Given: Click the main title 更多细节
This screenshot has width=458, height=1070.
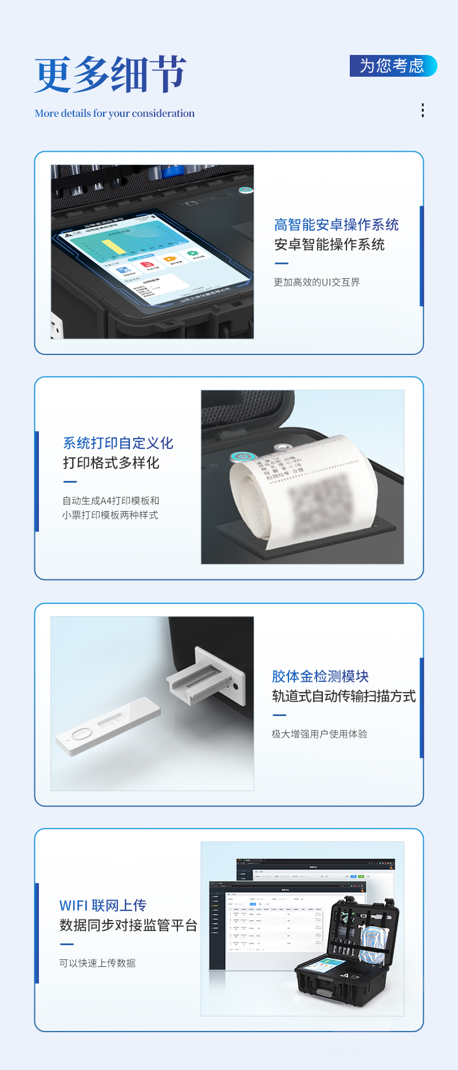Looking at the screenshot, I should tap(110, 74).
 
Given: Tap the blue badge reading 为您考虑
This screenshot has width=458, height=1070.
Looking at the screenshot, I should tap(393, 66).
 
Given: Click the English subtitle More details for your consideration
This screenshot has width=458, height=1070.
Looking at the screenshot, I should tap(114, 113).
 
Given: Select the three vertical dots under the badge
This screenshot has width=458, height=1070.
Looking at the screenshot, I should tap(423, 110).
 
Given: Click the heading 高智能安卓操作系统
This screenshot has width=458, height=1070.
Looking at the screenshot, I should tap(336, 225).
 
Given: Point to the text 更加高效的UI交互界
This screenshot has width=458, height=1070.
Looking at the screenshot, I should tap(317, 282).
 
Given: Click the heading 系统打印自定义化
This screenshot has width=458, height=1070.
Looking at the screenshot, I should tap(118, 443).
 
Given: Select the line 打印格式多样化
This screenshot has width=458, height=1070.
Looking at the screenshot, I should tap(111, 463).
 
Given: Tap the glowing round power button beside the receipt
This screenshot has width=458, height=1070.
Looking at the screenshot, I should tap(242, 457).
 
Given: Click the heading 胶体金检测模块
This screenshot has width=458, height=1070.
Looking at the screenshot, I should tap(320, 677).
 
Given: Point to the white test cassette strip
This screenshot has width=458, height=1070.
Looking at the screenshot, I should tap(108, 726).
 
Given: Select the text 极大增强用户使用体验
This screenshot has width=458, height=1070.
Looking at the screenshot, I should tap(319, 734).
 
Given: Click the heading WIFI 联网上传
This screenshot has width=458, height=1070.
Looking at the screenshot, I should tap(103, 906).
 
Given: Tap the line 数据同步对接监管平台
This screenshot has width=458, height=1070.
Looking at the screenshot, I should tap(128, 925).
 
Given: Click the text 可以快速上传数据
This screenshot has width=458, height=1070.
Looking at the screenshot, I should tap(97, 963).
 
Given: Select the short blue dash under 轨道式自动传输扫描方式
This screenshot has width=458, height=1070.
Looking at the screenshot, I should tap(279, 715).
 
